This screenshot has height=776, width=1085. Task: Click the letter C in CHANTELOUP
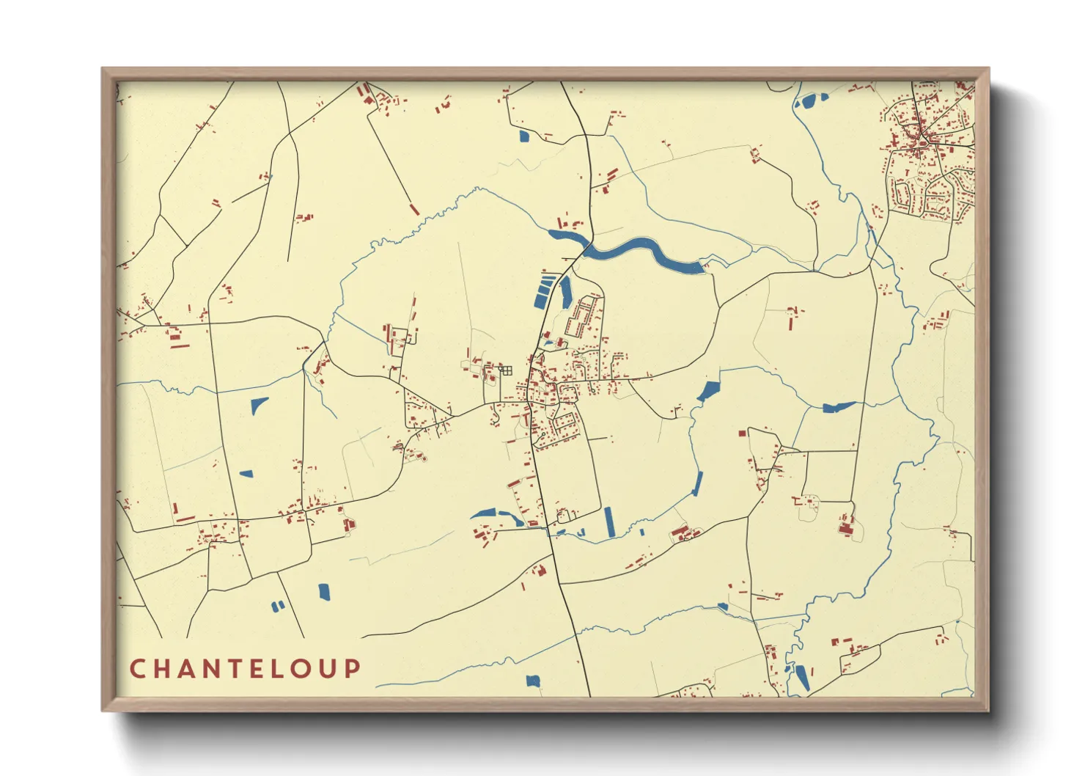pos(137,669)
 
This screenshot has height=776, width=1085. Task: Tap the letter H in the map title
pos(162,669)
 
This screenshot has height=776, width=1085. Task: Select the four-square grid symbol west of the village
pos(506,371)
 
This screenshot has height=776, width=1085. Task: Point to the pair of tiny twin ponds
pos(278,606)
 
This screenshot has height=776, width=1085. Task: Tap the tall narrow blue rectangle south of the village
pos(608,521)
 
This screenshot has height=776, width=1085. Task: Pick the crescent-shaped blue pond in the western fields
pos(259,405)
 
